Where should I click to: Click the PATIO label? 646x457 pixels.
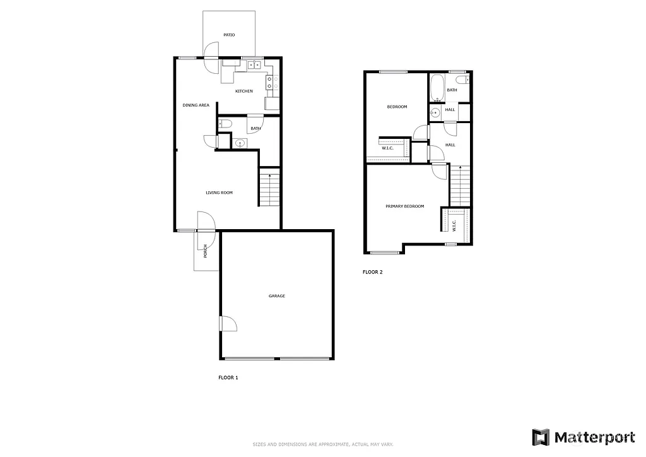coord(228,35)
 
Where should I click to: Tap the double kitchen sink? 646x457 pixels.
coord(255,64)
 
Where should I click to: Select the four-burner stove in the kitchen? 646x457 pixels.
coord(269,82)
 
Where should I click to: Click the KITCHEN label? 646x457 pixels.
coord(244,92)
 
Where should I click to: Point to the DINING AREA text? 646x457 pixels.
coord(196,105)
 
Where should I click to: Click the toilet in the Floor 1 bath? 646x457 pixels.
coord(226,124)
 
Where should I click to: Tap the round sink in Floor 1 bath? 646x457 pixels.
coord(239,144)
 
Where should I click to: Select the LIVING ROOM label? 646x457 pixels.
coord(219,193)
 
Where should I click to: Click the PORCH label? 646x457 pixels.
coord(206,251)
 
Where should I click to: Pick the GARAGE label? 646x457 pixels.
coord(276,295)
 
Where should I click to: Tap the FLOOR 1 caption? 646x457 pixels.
coord(228,377)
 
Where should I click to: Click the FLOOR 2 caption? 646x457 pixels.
coord(372,273)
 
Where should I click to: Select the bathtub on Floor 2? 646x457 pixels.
coord(437,88)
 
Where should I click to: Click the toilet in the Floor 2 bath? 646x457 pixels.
coord(461,80)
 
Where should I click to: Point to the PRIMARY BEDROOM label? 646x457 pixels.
coord(404,206)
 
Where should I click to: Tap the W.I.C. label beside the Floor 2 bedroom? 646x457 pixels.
coord(387,149)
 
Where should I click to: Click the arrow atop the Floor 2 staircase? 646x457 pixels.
coord(461,168)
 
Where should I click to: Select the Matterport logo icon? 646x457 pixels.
coord(541,437)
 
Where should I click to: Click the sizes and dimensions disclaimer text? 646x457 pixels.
coord(322,444)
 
